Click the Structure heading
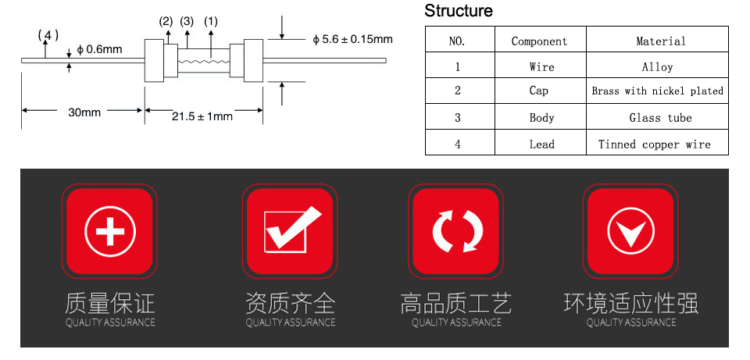click(459, 10)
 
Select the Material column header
click(661, 41)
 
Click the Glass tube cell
click(660, 118)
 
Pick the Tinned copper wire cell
click(655, 144)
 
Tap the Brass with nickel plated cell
click(657, 91)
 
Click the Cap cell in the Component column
click(538, 91)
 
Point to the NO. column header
click(457, 41)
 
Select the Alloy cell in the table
click(657, 67)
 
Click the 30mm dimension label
click(84, 112)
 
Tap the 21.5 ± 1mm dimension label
click(202, 116)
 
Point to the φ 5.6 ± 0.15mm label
click(352, 39)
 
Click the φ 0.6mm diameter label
click(99, 49)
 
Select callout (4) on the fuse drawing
click(48, 35)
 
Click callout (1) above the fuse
click(210, 22)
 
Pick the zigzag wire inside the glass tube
click(203, 61)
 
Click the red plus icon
click(110, 231)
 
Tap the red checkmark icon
click(290, 231)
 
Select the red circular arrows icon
click(455, 231)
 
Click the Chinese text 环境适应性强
click(631, 304)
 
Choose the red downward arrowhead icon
click(630, 231)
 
